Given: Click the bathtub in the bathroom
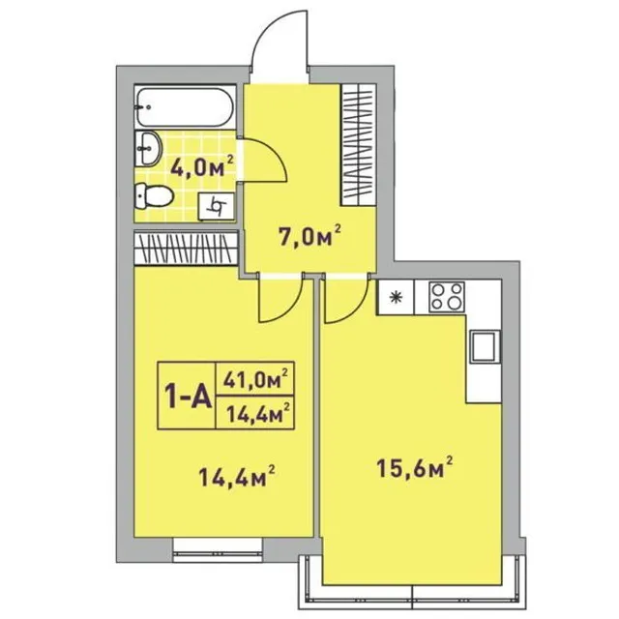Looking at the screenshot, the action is (x=185, y=106).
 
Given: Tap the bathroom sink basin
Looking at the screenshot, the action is (x=148, y=149).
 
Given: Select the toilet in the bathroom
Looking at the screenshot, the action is (x=154, y=195).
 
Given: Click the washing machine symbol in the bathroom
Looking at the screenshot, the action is (x=217, y=206).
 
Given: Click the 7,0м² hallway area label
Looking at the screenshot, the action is (x=309, y=236).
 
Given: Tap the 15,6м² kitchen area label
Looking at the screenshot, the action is (x=415, y=467).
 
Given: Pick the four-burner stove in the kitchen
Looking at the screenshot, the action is (x=447, y=297).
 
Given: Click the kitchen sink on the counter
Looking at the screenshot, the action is (x=485, y=346).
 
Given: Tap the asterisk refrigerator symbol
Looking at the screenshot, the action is (x=395, y=297).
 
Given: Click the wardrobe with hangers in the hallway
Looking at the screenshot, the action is (x=359, y=144).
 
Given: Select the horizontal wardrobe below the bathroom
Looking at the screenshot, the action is (x=186, y=249).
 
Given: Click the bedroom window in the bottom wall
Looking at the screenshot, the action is (x=218, y=549).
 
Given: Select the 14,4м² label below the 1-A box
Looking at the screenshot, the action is (x=237, y=477).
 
